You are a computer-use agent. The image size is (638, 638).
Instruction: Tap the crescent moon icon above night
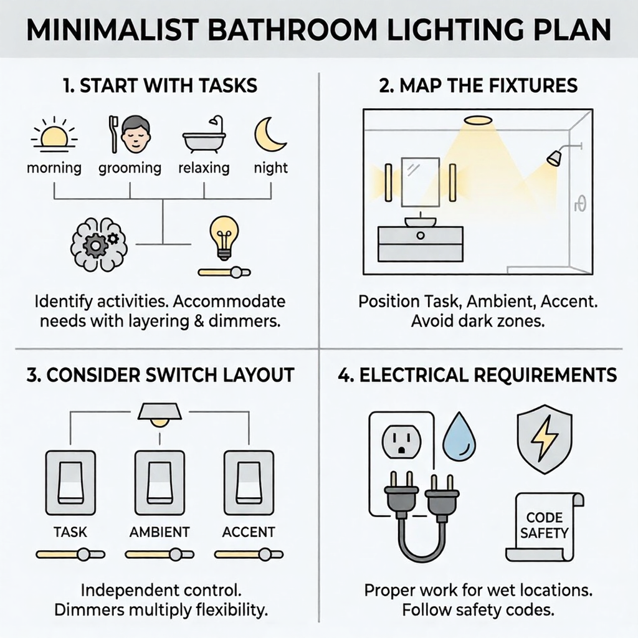(x=270, y=135)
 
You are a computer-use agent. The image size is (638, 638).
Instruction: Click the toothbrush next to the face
(x=113, y=135)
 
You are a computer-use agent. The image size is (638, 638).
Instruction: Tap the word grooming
(x=130, y=168)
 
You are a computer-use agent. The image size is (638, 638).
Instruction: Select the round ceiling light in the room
(x=477, y=120)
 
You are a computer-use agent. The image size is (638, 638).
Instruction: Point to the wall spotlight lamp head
(x=553, y=158)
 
